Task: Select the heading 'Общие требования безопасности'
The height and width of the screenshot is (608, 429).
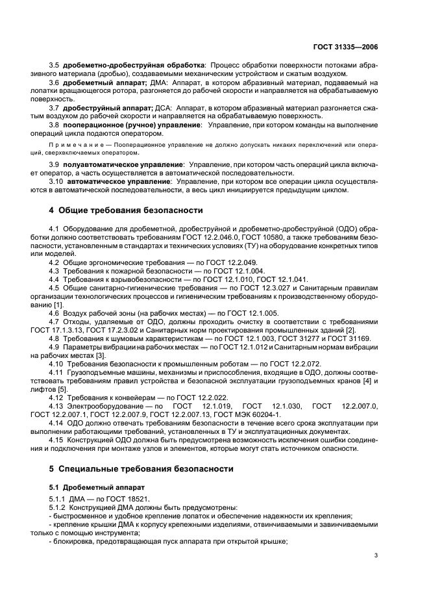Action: click(130, 210)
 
